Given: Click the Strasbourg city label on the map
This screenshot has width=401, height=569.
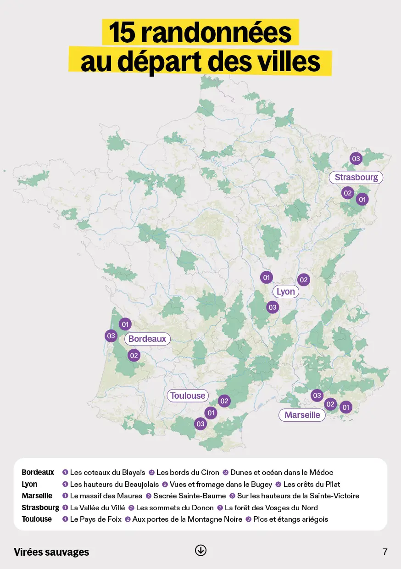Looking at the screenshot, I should point(356,178).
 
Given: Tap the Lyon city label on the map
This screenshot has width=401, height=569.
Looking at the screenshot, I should point(285,292).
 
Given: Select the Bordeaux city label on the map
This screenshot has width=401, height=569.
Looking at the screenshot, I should point(147,339).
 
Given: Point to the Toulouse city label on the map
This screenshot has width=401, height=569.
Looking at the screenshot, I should point(188,396).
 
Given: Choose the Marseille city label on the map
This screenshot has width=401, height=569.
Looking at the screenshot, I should point(302,415).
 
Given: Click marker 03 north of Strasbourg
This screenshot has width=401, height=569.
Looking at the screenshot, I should point(356,159).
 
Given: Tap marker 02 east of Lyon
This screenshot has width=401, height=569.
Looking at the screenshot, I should point(303,280).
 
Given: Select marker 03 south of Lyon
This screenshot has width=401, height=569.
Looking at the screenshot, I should point(273,307).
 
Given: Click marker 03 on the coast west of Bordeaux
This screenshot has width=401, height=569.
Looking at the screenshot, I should point(111,336).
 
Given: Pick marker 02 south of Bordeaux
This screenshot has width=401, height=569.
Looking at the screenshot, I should point(134,355).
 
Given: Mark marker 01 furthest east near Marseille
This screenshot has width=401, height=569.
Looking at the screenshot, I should point(346,407).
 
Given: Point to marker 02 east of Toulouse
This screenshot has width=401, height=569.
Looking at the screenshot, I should point(224,401).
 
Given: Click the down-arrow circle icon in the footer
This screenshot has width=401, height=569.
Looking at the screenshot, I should point(200,550).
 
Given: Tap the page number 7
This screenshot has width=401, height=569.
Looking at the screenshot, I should point(385,552).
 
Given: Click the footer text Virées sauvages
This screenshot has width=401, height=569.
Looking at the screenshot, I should point(51,552).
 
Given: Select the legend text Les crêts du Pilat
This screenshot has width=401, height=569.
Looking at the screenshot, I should point(312,484).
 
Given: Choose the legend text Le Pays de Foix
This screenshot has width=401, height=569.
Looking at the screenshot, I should point(95,519).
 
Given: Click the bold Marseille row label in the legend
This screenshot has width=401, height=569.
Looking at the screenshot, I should point(37,496).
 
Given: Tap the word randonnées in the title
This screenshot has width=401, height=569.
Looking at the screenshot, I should point(216,33).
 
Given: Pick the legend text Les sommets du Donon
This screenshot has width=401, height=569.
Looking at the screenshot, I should point(175,508).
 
